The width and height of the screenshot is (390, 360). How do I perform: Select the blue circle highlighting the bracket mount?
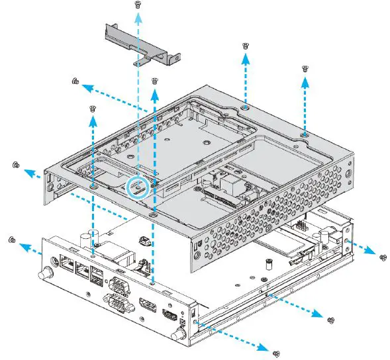pyautogui.click(x=137, y=187)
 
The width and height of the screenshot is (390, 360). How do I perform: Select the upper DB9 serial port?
pyautogui.click(x=118, y=287)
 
